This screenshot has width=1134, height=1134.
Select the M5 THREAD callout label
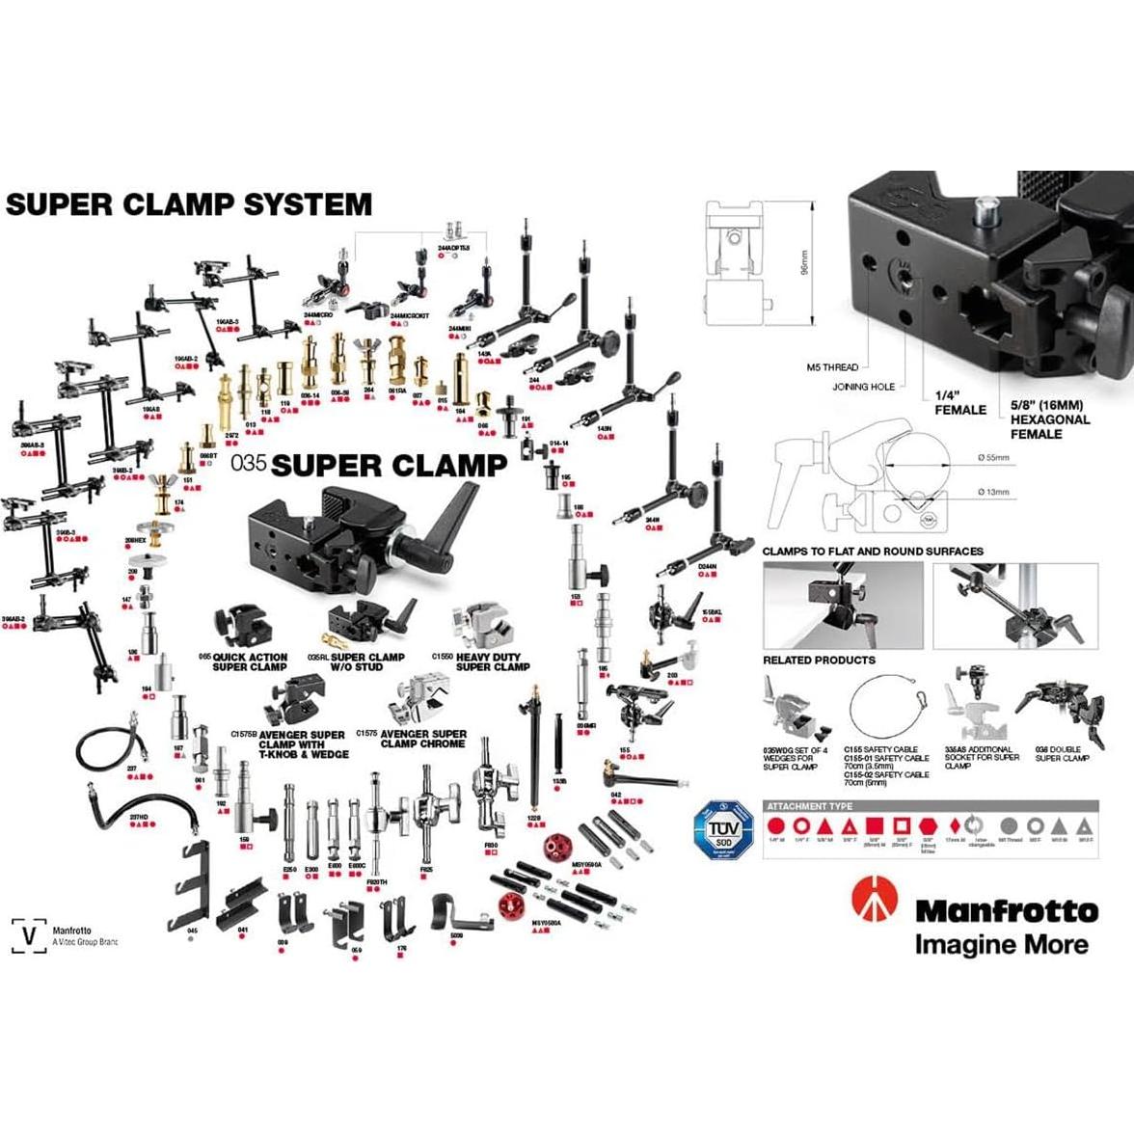[832, 367]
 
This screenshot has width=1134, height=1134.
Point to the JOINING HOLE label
[863, 387]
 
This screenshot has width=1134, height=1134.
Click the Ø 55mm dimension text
[992, 457]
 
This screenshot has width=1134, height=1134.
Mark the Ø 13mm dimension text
[992, 492]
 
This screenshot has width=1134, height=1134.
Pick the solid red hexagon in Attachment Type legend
[928, 826]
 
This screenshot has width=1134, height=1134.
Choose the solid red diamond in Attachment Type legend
[954, 826]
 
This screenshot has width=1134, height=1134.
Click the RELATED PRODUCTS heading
[819, 661]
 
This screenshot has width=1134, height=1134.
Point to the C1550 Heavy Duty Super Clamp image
[488, 627]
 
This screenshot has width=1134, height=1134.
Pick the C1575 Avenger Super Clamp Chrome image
[421, 702]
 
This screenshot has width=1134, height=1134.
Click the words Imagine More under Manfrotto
[1001, 944]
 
